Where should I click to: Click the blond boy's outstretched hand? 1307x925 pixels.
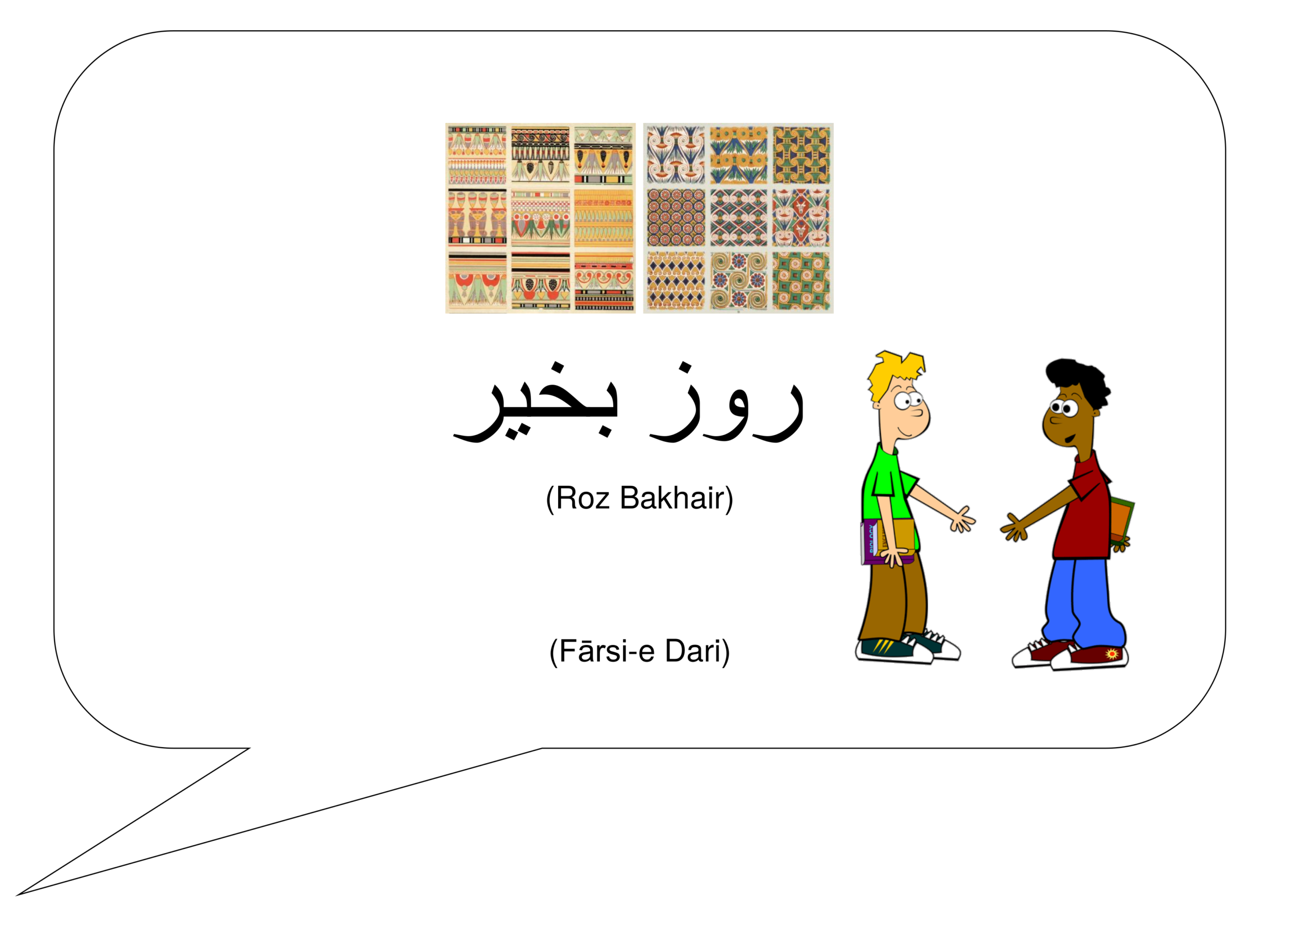point(962,519)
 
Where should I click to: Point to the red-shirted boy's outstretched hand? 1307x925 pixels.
point(1014,528)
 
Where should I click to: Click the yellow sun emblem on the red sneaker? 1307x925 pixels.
point(1112,653)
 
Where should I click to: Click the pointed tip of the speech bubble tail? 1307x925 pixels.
point(17,895)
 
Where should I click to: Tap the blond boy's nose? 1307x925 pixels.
point(917,411)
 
